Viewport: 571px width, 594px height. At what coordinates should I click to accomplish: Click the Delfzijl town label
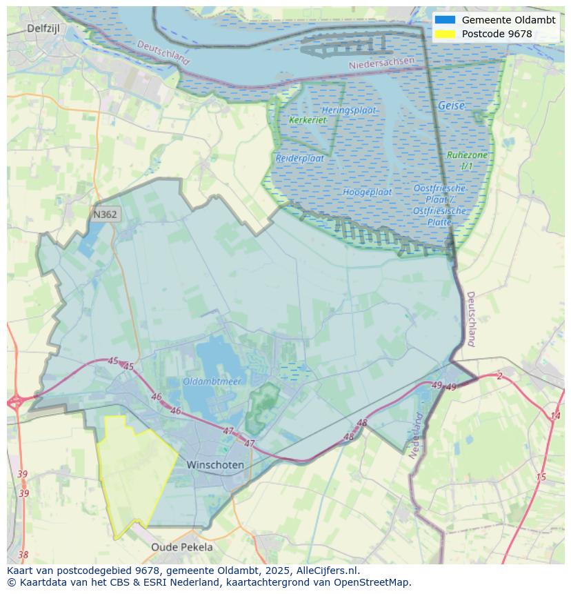45,28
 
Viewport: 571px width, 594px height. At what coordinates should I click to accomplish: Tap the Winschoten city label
215,465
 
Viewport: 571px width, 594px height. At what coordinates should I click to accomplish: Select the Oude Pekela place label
182,547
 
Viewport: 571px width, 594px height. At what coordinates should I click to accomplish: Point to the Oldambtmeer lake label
211,381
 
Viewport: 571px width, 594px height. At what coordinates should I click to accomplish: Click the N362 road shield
105,215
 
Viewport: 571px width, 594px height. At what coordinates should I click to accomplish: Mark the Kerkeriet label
308,120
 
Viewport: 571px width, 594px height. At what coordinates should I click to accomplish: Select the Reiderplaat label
300,158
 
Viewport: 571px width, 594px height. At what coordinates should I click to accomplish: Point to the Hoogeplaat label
368,192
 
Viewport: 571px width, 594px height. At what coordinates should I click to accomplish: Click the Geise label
451,106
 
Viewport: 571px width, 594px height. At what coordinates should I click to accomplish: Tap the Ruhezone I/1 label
467,161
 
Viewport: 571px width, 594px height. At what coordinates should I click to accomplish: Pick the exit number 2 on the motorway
499,376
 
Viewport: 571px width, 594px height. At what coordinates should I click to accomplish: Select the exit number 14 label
555,415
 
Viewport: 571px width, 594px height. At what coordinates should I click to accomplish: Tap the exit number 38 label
23,555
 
